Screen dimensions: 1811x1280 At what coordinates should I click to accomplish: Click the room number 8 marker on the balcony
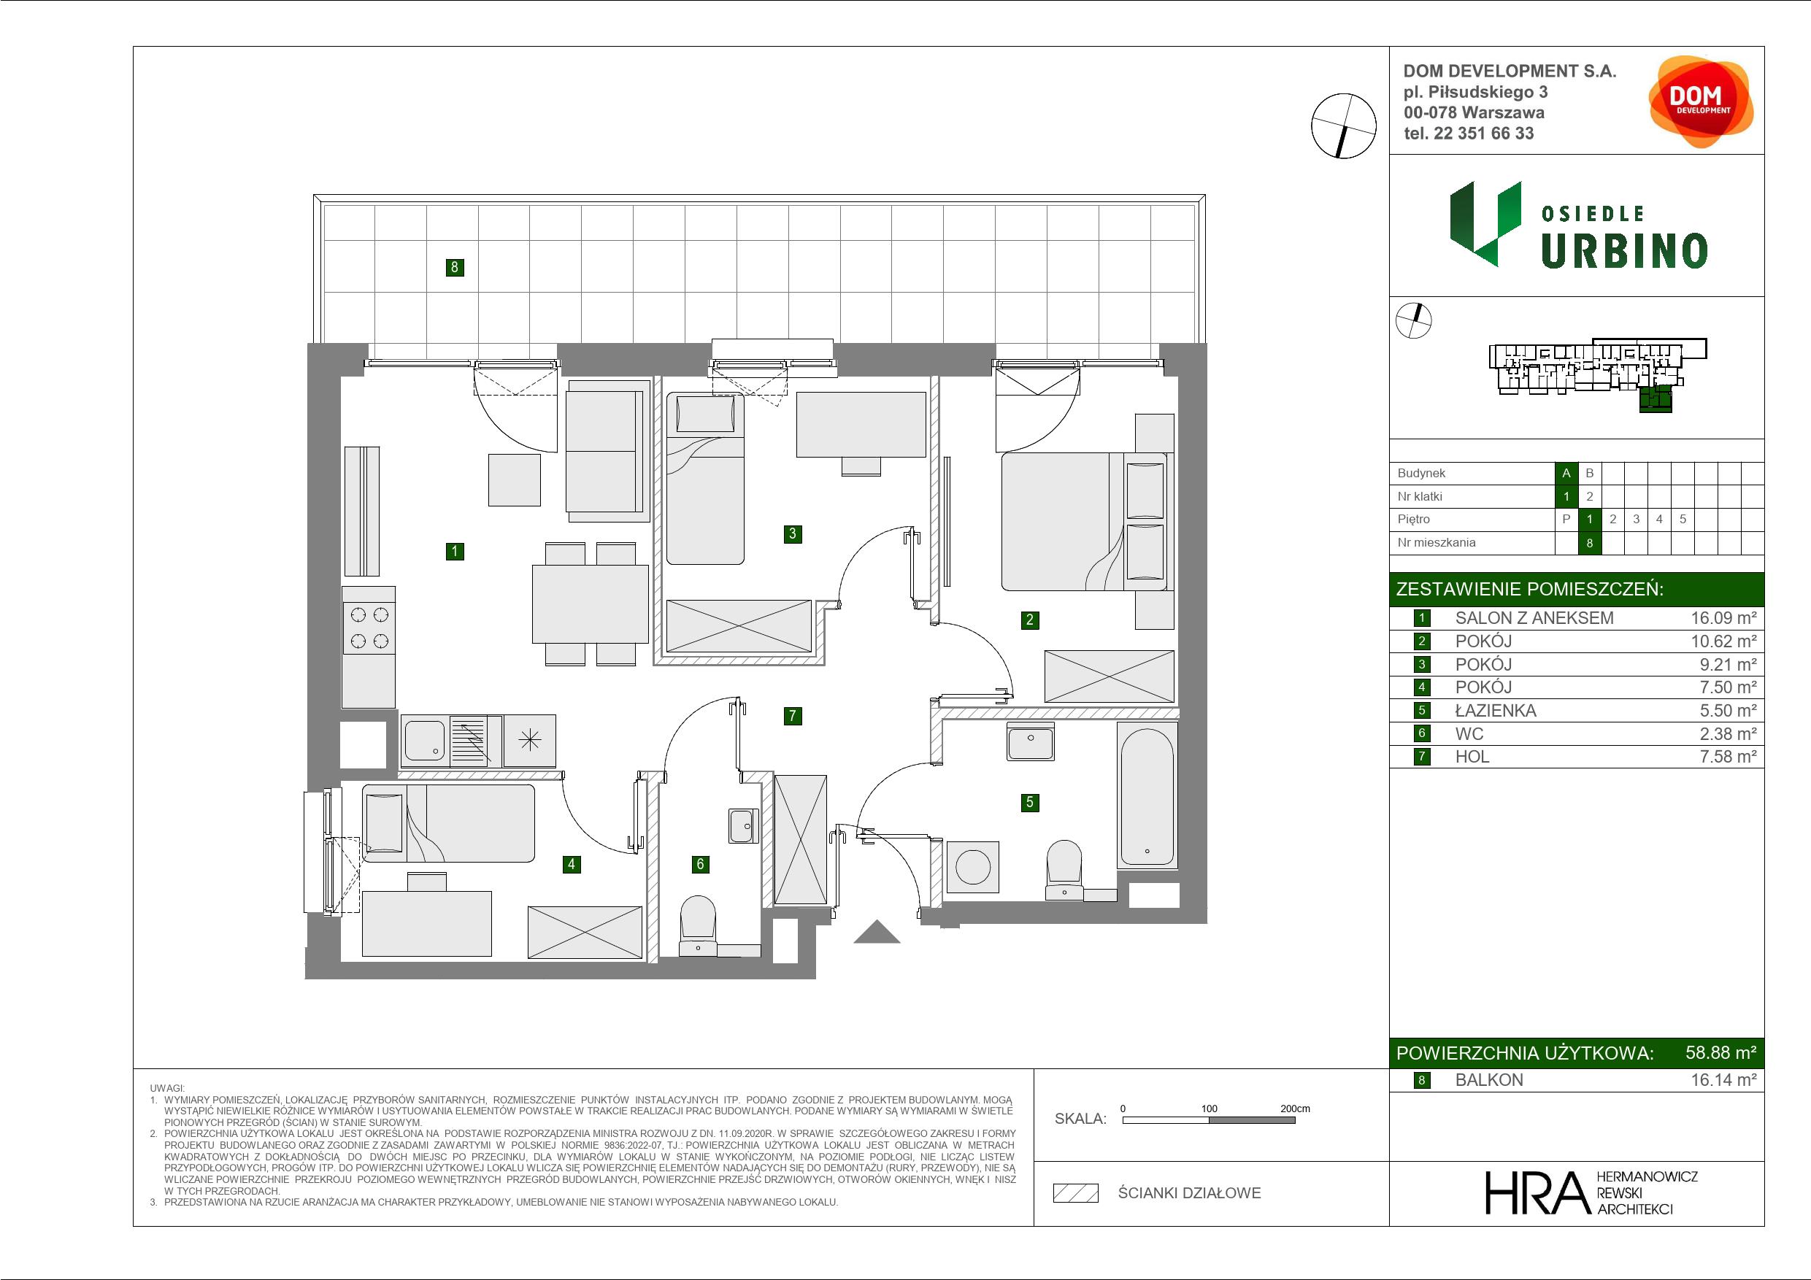click(454, 267)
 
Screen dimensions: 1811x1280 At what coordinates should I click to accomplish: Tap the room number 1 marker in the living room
click(454, 551)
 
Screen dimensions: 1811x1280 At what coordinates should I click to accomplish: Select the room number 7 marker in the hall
click(793, 716)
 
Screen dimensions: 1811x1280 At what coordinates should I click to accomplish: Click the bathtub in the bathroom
click(1147, 797)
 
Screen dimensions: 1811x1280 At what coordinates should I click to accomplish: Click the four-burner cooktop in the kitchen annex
click(369, 627)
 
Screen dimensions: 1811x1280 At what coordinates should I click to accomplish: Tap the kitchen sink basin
click(424, 741)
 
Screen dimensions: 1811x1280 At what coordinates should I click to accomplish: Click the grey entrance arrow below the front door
click(877, 932)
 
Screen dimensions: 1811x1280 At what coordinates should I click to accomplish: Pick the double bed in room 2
click(1083, 521)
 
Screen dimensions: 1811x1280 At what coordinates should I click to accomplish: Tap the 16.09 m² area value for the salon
click(1723, 618)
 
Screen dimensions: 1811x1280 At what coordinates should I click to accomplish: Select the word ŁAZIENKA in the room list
click(1496, 711)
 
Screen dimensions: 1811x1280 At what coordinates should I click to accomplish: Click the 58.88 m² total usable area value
click(1720, 1053)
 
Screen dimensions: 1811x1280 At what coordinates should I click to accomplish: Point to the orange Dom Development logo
click(1700, 101)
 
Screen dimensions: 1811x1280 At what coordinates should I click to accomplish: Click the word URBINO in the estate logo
click(1624, 251)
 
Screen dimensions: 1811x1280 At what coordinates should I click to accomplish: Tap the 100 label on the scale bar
click(1210, 1109)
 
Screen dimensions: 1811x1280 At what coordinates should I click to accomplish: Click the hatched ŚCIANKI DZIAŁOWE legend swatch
click(1076, 1193)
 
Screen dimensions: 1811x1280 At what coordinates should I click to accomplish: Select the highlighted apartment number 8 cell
click(1589, 543)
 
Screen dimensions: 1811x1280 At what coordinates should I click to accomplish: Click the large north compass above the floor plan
click(1343, 126)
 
